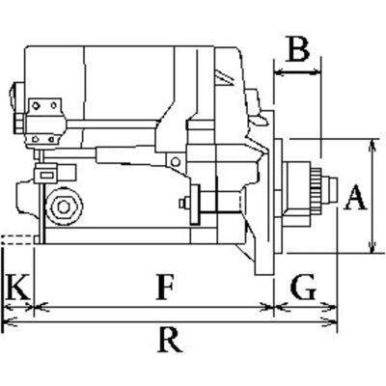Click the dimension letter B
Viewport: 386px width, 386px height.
(299, 50)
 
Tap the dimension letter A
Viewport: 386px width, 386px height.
(355, 198)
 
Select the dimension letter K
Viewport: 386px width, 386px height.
(17, 287)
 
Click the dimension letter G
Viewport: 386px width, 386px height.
(303, 287)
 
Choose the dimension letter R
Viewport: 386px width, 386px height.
(170, 340)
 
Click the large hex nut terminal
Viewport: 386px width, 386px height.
(64, 207)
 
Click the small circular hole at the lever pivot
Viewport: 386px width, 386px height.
(176, 161)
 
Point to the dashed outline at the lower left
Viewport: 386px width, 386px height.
(17, 240)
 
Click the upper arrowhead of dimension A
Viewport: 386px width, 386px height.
(372, 144)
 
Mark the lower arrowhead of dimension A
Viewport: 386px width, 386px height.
(372, 248)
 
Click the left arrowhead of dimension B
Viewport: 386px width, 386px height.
(280, 73)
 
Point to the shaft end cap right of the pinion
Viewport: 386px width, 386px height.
(330, 191)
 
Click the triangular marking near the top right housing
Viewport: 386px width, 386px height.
(224, 79)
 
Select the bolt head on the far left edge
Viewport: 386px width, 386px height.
(18, 123)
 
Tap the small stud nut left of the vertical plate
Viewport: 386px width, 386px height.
(183, 203)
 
